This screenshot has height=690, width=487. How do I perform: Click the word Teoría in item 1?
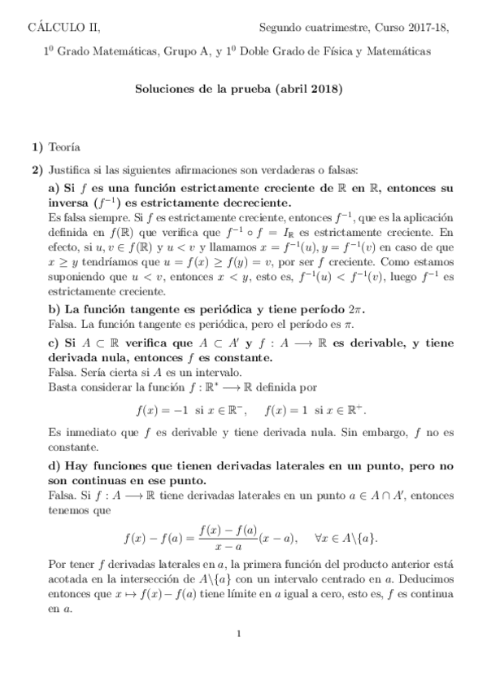pyautogui.click(x=64, y=147)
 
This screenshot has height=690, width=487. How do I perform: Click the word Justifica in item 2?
pyautogui.click(x=69, y=171)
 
